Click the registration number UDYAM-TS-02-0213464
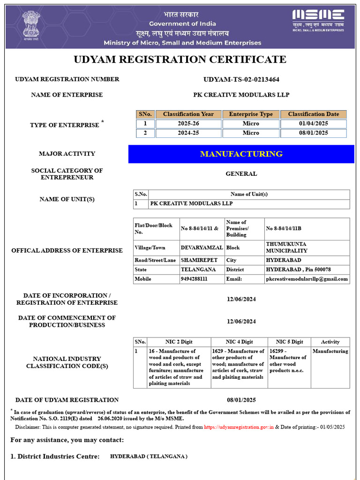click(241, 79)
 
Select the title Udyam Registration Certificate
click(180, 60)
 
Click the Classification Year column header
click(188, 114)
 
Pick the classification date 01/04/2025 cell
click(313, 123)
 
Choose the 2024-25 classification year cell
click(188, 133)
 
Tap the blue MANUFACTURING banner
click(241, 154)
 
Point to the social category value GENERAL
click(241, 173)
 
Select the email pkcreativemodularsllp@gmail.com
click(307, 279)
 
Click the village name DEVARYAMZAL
click(202, 247)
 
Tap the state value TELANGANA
click(198, 270)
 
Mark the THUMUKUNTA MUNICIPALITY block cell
click(287, 247)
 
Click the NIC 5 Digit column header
click(289, 342)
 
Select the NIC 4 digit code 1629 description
click(238, 364)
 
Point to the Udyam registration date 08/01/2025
click(241, 400)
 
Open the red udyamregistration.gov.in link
click(239, 427)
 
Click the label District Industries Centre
click(55, 456)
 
